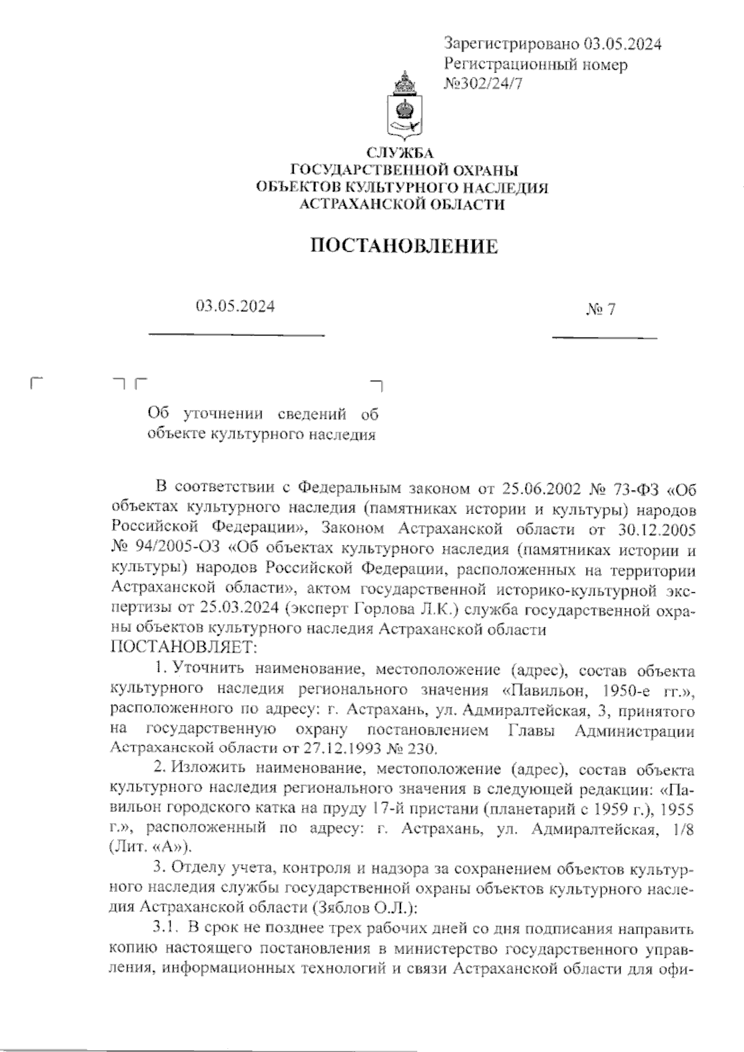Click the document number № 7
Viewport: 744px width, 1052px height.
coord(600,309)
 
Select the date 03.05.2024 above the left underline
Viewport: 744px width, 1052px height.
coord(235,306)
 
